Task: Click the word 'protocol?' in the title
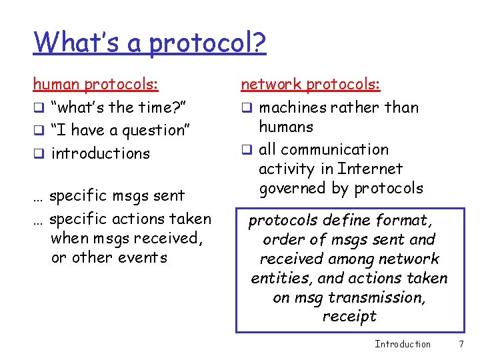[x=207, y=43]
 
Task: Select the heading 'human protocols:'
[x=96, y=85]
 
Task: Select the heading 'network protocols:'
[x=310, y=85]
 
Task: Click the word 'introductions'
[x=101, y=153]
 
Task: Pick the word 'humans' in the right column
[x=285, y=127]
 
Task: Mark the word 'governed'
[x=294, y=189]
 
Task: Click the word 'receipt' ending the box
[x=349, y=317]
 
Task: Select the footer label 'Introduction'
[x=403, y=344]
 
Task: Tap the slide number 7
[x=461, y=344]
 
